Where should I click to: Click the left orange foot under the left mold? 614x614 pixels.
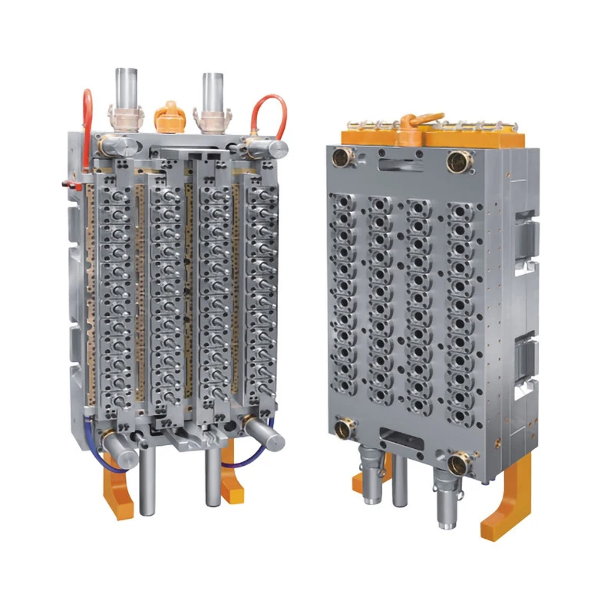tap(119, 491)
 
